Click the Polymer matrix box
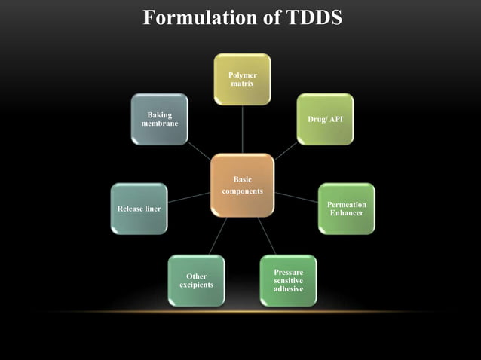pos(242,79)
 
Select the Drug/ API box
pos(325,119)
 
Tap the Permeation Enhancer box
pos(346,209)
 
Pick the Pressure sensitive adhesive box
pos(288,280)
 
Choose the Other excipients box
pos(196,280)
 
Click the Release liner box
pos(139,209)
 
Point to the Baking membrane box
pos(159,119)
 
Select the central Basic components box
pos(242,185)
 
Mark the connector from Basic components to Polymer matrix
pos(242,130)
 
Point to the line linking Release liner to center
pos(188,197)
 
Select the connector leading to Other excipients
pos(218,235)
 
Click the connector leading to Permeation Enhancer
pos(296,197)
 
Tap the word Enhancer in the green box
pos(346,213)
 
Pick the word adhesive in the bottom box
pos(288,289)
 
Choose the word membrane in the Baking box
pos(160,123)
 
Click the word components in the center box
pos(242,191)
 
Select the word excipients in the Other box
pos(196,285)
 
